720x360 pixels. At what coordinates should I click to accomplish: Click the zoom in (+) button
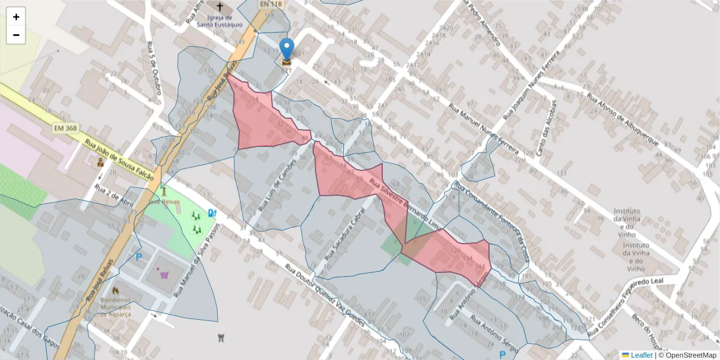point(16,17)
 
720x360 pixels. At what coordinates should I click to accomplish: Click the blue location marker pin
point(287,49)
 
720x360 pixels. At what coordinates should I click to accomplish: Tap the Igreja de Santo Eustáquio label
point(220,21)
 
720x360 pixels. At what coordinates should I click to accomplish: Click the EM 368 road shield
point(65,128)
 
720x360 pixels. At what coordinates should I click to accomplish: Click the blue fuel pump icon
point(211,212)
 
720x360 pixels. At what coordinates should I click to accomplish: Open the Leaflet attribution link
point(641,355)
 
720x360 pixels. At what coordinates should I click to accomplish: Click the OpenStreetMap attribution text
point(691,355)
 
